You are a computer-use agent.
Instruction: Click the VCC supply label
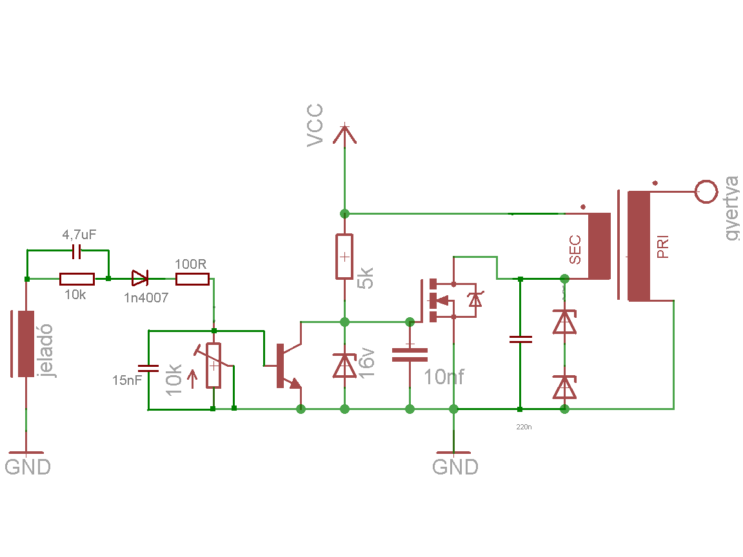pyautogui.click(x=315, y=126)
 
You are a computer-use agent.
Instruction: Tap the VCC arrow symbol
pyautogui.click(x=344, y=133)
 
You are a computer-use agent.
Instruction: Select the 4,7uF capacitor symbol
pyautogui.click(x=76, y=252)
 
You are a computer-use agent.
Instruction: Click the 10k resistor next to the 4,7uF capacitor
pyautogui.click(x=77, y=279)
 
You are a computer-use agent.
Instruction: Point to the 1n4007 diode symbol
pyautogui.click(x=140, y=278)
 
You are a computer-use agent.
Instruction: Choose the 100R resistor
pyautogui.click(x=192, y=279)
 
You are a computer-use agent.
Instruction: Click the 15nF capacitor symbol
pyautogui.click(x=148, y=368)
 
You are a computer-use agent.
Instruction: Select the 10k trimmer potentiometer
pyautogui.click(x=213, y=365)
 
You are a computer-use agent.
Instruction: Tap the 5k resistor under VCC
pyautogui.click(x=344, y=257)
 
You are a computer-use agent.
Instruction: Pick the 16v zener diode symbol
pyautogui.click(x=344, y=366)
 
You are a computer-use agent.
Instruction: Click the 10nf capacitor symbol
pyautogui.click(x=410, y=355)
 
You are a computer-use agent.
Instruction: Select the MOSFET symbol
pyautogui.click(x=450, y=300)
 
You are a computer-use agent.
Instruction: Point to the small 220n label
pyautogui.click(x=524, y=427)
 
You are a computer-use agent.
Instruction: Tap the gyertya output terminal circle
pyautogui.click(x=706, y=192)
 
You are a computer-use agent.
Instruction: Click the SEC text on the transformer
pyautogui.click(x=575, y=249)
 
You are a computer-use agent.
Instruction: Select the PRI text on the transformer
pyautogui.click(x=663, y=247)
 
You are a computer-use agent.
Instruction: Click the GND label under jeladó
pyautogui.click(x=28, y=467)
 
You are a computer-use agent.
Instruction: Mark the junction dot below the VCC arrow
pyautogui.click(x=344, y=213)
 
